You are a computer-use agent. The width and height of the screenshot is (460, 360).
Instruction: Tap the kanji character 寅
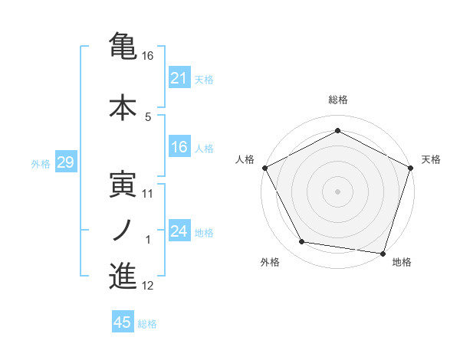tap(123, 184)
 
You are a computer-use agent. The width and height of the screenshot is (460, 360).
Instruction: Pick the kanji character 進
tap(123, 276)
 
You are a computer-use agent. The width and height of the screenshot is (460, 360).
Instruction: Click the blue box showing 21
tap(179, 78)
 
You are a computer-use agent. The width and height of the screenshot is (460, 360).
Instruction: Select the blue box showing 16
tap(179, 148)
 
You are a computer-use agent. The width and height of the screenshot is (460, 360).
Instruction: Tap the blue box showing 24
tap(179, 232)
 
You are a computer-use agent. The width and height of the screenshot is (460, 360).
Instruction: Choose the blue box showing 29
tap(65, 162)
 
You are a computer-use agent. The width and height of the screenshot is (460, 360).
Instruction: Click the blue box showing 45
tap(123, 322)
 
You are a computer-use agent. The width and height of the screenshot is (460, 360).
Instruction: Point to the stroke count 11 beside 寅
tap(148, 194)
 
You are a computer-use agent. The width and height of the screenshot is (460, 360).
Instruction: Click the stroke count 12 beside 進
tap(148, 286)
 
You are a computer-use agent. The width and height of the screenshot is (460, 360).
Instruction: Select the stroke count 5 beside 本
tap(148, 117)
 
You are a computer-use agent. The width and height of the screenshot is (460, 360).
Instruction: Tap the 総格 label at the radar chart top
tap(338, 100)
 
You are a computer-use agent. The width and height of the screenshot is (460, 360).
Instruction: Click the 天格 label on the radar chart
tap(431, 159)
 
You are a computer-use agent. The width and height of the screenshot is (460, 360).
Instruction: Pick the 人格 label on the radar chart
tap(245, 159)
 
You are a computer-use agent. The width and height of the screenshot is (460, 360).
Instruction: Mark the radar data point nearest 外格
tap(302, 242)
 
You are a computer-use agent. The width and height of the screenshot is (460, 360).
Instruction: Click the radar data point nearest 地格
tap(383, 253)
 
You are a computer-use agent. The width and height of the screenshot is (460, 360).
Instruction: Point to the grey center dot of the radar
tap(338, 191)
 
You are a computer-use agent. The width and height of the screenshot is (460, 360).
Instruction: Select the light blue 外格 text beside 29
tap(41, 163)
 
